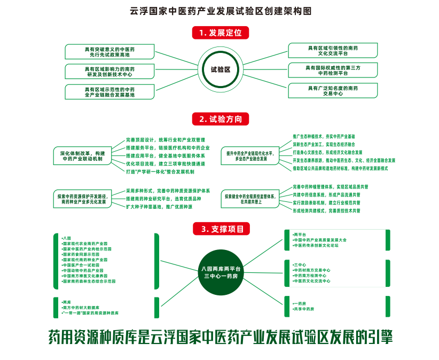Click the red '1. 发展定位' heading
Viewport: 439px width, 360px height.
[220, 33]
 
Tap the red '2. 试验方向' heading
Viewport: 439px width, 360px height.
[220, 119]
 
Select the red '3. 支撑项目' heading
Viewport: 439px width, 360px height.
[220, 229]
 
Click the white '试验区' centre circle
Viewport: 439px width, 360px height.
[220, 70]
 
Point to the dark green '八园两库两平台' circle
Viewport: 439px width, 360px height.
[220, 273]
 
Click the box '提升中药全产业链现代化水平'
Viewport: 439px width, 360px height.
[250, 155]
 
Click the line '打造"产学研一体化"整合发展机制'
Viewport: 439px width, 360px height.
[160, 172]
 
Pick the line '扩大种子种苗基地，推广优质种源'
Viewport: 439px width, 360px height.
[159, 207]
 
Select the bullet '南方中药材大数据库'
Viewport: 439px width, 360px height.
[81, 308]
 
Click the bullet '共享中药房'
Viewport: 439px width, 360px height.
[304, 309]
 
